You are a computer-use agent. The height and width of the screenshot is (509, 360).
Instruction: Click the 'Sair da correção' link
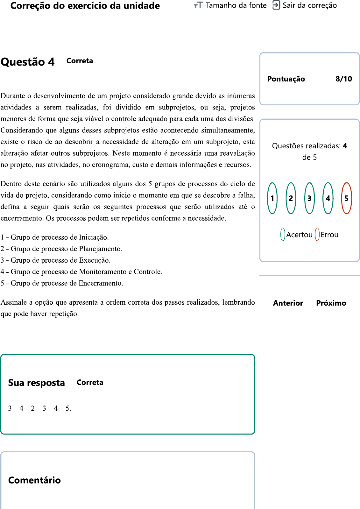point(305,5)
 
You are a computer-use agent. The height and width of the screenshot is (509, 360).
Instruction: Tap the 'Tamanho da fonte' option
point(230,5)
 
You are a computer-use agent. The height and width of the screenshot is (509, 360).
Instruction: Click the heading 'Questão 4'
point(28,62)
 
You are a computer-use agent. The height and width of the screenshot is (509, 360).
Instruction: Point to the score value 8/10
point(343,79)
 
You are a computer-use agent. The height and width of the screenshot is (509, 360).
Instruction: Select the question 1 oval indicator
point(272,198)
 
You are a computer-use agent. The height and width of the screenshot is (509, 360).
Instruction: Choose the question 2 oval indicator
point(291,198)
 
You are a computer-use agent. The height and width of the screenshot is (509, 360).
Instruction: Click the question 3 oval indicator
point(309,198)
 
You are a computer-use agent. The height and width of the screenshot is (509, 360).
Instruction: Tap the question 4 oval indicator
point(328,198)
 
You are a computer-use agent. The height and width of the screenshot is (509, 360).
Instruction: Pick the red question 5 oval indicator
point(346,198)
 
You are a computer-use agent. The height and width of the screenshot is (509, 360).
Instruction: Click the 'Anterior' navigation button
point(288,303)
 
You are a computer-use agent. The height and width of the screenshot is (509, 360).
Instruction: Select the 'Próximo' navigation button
point(331,303)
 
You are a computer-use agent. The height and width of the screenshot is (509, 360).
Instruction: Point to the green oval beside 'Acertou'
point(283,235)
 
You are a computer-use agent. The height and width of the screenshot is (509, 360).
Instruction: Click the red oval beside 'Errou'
point(317,235)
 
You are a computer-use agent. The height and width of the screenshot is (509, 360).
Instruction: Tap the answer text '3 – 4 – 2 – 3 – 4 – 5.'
point(39,408)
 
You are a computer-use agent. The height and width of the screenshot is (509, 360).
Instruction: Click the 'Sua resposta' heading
point(36,383)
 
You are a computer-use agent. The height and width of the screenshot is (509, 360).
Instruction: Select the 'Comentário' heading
point(34,480)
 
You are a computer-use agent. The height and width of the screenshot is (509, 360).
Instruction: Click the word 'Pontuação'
point(286,79)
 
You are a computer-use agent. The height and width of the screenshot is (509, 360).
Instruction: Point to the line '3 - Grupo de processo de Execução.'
point(55,260)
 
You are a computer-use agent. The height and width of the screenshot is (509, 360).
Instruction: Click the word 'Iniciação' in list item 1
point(93,237)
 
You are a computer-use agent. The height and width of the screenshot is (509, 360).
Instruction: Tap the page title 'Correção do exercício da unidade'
point(85,6)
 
